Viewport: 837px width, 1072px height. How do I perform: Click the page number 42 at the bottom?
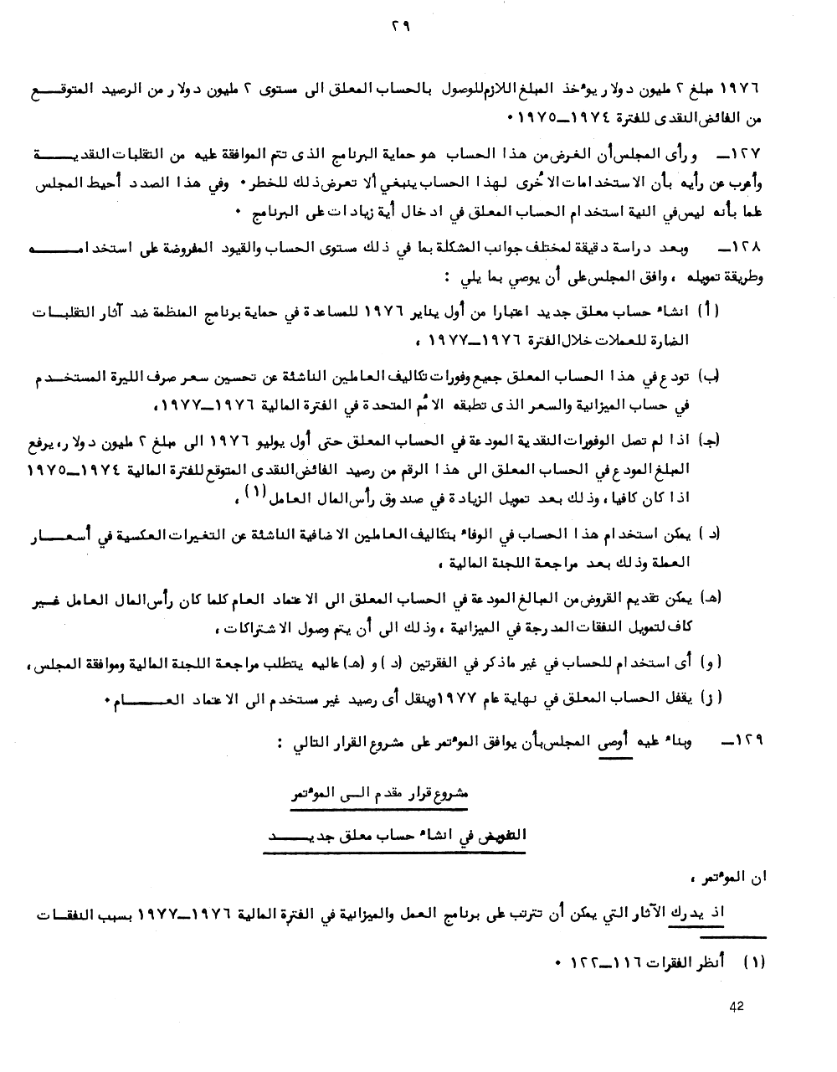[736, 1008]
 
